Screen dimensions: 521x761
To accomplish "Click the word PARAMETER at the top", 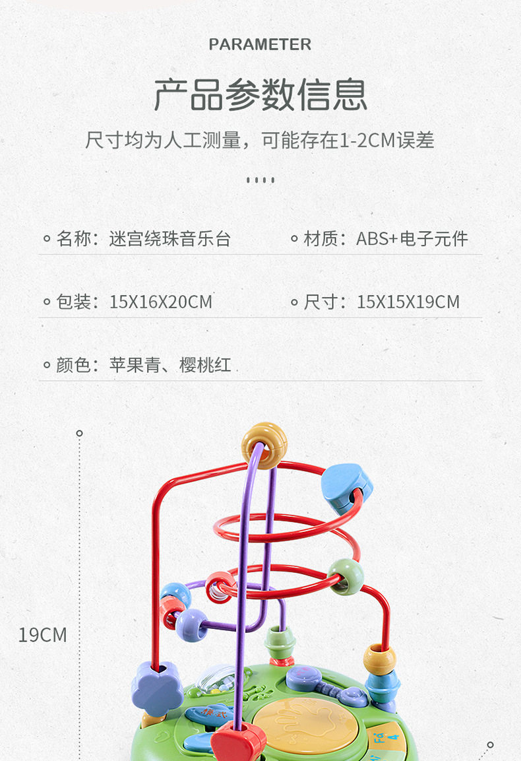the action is pyautogui.click(x=260, y=45).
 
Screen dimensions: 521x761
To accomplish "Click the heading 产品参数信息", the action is pyautogui.click(x=260, y=94).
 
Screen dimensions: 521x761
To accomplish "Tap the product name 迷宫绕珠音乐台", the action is pyautogui.click(x=169, y=239).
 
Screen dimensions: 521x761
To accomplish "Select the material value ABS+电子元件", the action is pyautogui.click(x=412, y=239).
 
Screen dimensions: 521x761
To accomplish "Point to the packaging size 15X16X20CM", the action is pyautogui.click(x=161, y=302).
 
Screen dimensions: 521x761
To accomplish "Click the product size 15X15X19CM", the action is pyautogui.click(x=408, y=302).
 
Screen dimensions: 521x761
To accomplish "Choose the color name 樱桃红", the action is pyautogui.click(x=205, y=365).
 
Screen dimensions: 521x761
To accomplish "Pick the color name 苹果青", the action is pyautogui.click(x=135, y=365).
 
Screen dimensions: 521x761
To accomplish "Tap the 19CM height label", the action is pyautogui.click(x=43, y=635).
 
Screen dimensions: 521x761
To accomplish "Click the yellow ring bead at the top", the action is pyautogui.click(x=264, y=446).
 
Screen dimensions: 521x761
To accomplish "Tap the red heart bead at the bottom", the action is pyautogui.click(x=239, y=742).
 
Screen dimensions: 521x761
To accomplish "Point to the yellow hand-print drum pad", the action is pyautogui.click(x=305, y=726).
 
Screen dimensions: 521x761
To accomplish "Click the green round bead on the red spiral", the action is pyautogui.click(x=346, y=577).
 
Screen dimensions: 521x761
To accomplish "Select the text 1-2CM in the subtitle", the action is pyautogui.click(x=367, y=141).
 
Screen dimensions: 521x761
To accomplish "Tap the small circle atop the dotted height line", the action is pyautogui.click(x=80, y=433).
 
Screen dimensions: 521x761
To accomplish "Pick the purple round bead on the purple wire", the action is pyautogui.click(x=192, y=625).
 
